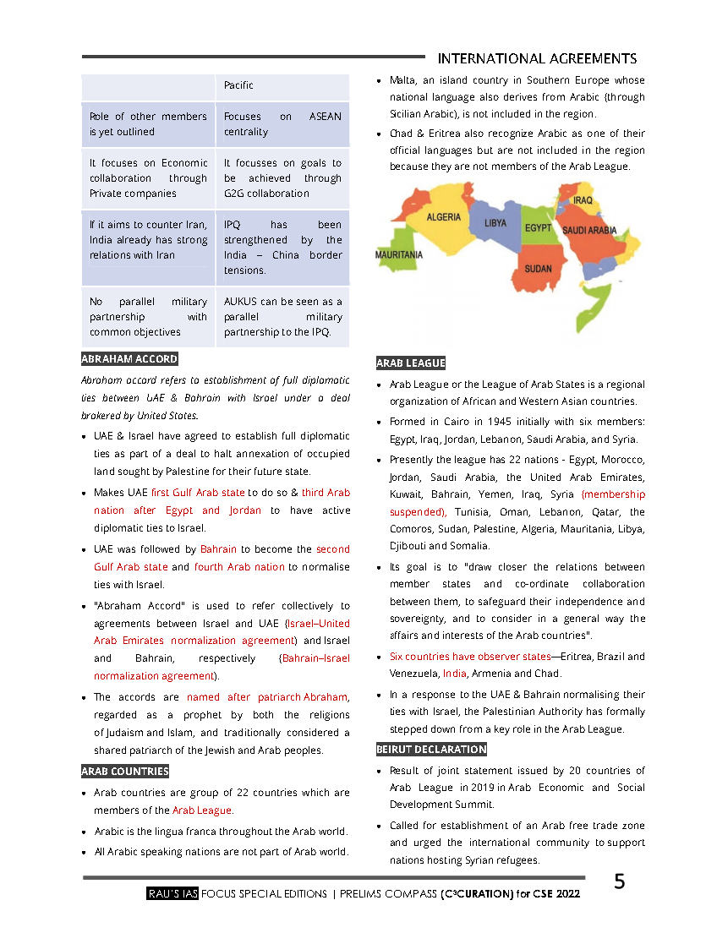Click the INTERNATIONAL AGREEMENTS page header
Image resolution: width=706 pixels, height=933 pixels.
pyautogui.click(x=537, y=58)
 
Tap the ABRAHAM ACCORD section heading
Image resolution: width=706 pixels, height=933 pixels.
pyautogui.click(x=129, y=359)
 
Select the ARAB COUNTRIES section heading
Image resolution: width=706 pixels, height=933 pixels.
pyautogui.click(x=125, y=771)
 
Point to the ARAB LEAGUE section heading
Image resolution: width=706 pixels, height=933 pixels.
pyautogui.click(x=411, y=363)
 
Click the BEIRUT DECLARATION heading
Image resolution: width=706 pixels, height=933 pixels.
pyautogui.click(x=431, y=749)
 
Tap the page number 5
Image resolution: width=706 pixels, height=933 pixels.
pyautogui.click(x=620, y=882)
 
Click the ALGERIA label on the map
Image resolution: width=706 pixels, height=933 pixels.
pyautogui.click(x=443, y=217)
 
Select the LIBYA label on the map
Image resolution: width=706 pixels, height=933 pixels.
pyautogui.click(x=495, y=224)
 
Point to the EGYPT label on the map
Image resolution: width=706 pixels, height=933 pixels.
pyautogui.click(x=538, y=228)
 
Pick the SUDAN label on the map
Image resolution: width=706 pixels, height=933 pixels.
pyautogui.click(x=538, y=269)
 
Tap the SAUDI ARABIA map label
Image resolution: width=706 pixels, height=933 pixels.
pyautogui.click(x=589, y=230)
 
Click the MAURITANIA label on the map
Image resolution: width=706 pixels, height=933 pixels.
pyautogui.click(x=399, y=254)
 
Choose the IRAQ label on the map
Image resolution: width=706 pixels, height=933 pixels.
pyautogui.click(x=583, y=200)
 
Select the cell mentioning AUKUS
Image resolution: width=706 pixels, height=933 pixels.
pyautogui.click(x=282, y=317)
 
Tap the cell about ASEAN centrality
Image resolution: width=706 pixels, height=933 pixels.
pyautogui.click(x=282, y=124)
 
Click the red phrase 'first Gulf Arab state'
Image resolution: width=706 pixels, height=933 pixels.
pyautogui.click(x=198, y=492)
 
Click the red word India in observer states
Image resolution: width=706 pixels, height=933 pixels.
pyautogui.click(x=454, y=674)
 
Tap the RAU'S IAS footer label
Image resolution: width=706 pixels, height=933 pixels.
pyautogui.click(x=172, y=893)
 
